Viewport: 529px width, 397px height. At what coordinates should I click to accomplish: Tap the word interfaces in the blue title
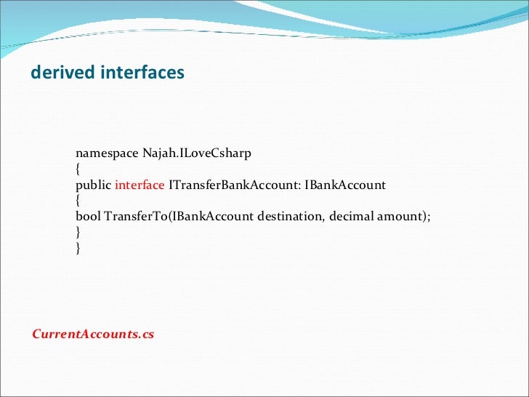point(141,73)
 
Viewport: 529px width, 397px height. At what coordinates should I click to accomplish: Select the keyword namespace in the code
point(102,153)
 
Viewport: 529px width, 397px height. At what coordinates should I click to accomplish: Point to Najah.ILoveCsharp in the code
point(191,153)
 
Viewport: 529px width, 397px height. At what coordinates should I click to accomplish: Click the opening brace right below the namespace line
point(78,169)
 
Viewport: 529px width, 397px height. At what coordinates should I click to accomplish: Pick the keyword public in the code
point(93,185)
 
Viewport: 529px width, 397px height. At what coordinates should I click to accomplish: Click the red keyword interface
point(140,185)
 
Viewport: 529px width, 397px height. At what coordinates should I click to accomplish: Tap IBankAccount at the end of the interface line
point(345,185)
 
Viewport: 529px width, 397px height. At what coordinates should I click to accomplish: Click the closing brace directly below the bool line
point(78,233)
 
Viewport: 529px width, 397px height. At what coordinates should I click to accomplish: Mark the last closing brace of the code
point(78,249)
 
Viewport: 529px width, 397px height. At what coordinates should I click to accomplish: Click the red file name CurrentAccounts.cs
point(93,335)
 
